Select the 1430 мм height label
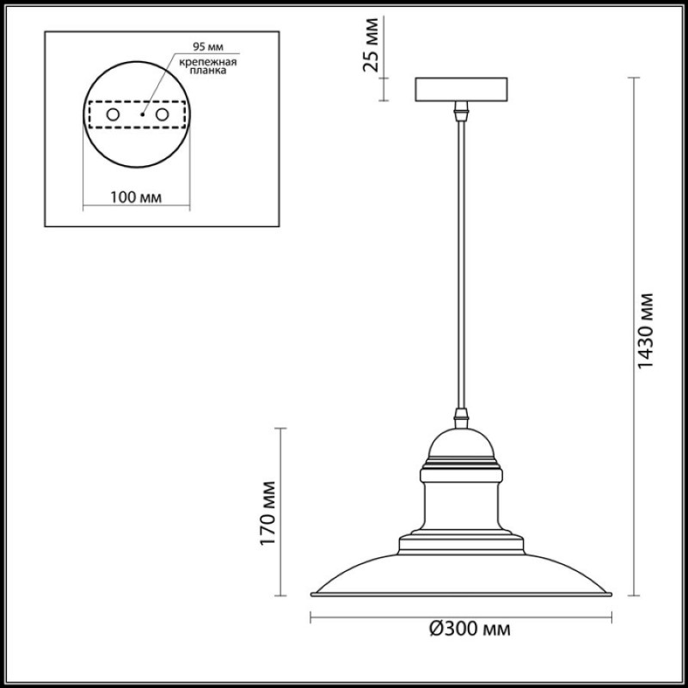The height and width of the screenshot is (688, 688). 644,331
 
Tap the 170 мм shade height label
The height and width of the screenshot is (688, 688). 267,513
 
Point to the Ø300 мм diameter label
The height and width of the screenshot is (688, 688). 470,629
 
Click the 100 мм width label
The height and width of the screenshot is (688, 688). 136,198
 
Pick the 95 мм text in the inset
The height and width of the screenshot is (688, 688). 208,46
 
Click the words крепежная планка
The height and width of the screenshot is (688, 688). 208,66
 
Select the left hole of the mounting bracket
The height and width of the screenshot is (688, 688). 113,115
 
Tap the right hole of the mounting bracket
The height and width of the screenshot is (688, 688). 162,115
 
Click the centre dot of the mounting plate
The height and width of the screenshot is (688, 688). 142,115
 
